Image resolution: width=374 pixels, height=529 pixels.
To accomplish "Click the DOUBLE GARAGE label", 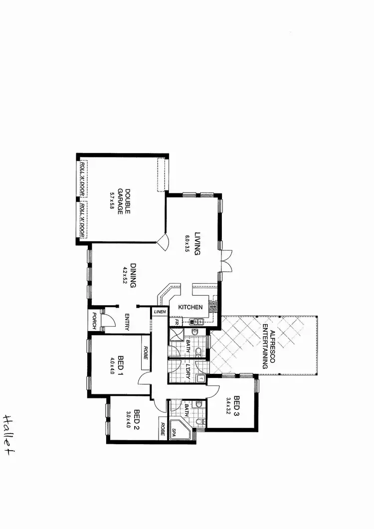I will tap(124, 201).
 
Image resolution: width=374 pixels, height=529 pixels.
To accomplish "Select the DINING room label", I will tap(133, 276).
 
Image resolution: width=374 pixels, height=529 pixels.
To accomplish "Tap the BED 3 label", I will tap(236, 405).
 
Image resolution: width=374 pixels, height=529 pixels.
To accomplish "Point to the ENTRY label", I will tap(128, 323).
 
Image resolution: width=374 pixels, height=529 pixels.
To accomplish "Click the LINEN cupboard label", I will tap(159, 312).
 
